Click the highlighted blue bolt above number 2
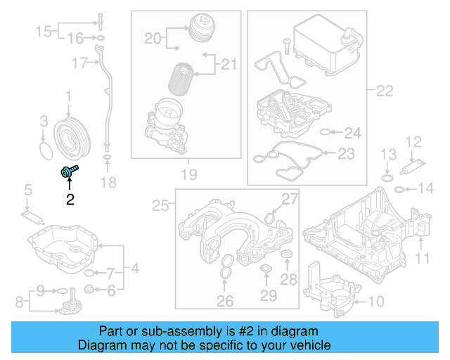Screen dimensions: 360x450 (x=69, y=169)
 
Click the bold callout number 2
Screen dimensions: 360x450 (x=70, y=200)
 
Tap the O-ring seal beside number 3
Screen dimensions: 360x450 (x=46, y=150)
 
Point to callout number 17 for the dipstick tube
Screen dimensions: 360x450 (x=79, y=64)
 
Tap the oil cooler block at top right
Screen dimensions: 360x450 (x=324, y=41)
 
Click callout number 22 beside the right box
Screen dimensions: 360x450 (x=385, y=91)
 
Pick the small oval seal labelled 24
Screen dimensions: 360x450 (x=326, y=131)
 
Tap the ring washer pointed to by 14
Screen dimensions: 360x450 (x=399, y=188)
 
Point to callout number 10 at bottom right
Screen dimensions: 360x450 (x=376, y=302)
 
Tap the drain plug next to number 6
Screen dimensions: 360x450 (x=89, y=289)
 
